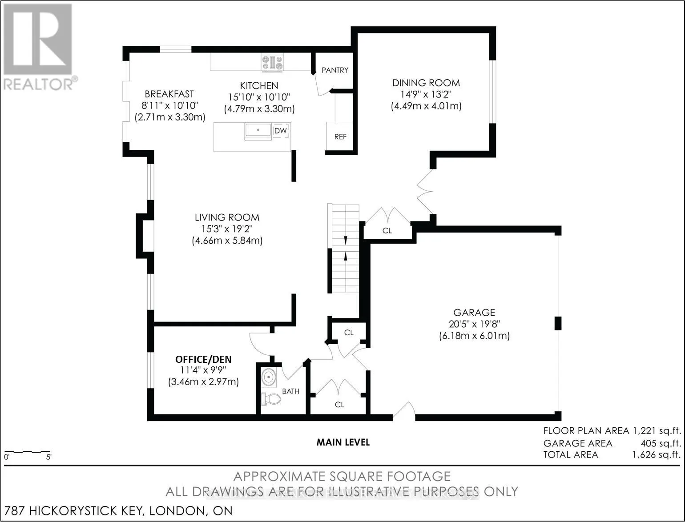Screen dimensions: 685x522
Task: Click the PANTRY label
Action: tap(335, 70)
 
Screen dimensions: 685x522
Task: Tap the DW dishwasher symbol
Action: tap(281, 131)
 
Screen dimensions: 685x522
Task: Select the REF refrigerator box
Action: tap(340, 136)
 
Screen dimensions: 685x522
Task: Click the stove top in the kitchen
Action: tap(272, 63)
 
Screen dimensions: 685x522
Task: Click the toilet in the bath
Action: tap(271, 399)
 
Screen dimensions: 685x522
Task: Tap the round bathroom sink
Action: tap(268, 377)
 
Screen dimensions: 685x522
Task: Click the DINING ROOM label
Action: tap(426, 83)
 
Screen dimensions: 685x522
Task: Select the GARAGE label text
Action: tap(474, 313)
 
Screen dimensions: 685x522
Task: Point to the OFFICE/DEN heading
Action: tap(203, 360)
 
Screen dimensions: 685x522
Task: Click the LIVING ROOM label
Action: tap(227, 217)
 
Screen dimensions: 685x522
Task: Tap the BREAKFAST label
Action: tap(169, 94)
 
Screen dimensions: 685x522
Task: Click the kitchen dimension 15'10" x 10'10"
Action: tap(259, 97)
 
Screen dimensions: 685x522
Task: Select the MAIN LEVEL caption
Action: tap(343, 442)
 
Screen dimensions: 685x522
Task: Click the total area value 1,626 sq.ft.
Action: tap(656, 455)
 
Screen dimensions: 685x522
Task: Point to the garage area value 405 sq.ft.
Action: tap(661, 443)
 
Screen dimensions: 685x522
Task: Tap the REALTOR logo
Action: tap(39, 48)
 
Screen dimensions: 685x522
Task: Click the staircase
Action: tap(343, 249)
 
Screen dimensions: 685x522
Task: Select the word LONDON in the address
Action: tap(177, 510)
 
